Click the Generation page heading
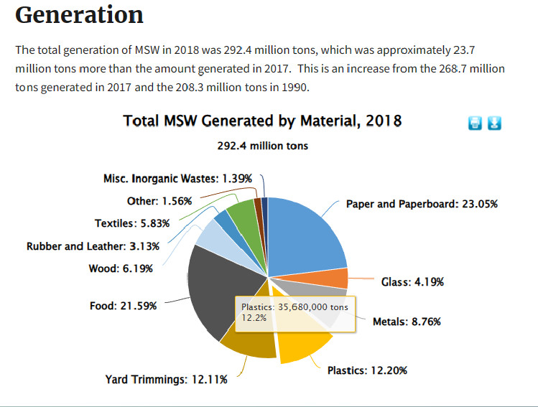tap(79, 15)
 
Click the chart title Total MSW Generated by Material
tap(262, 121)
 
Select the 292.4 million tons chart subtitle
tap(262, 146)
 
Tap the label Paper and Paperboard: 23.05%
tap(422, 204)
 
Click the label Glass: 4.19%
tap(412, 282)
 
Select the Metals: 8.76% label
tap(407, 322)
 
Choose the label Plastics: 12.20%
tap(367, 371)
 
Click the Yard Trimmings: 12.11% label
tap(166, 380)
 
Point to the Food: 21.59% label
tap(123, 306)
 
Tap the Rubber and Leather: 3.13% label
tap(93, 246)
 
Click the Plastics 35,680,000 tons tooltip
tap(294, 313)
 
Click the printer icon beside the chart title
tap(475, 123)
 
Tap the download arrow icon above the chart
tap(494, 123)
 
